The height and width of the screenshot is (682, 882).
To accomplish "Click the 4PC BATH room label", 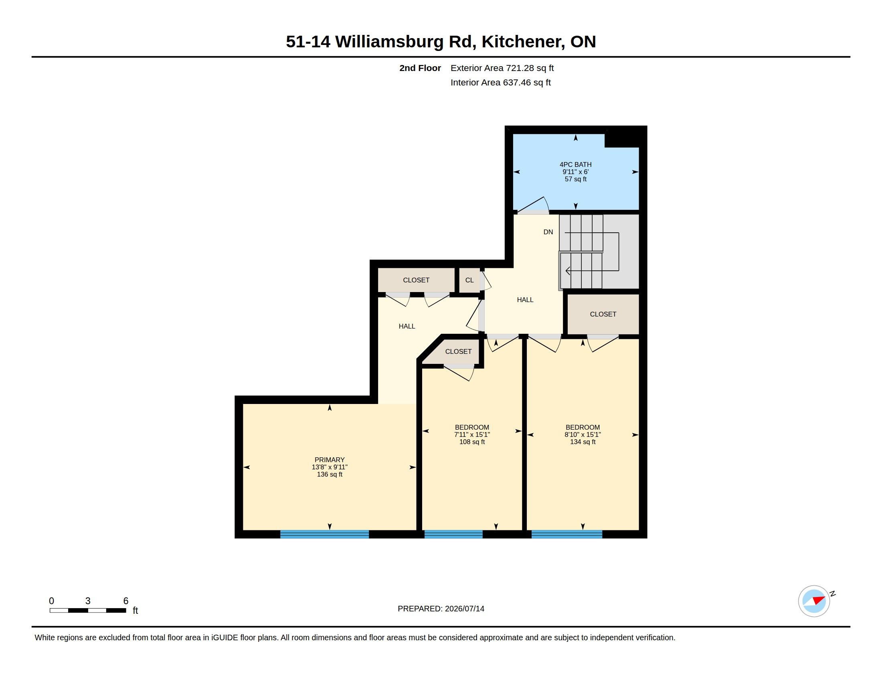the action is (575, 164).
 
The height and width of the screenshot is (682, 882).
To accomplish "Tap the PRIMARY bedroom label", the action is (330, 460).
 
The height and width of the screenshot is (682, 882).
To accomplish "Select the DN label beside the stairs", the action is (548, 232).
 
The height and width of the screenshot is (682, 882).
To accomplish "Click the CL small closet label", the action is (469, 280).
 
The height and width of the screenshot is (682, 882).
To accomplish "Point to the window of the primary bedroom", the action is (324, 534).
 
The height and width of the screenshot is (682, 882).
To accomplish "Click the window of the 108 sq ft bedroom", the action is (453, 534).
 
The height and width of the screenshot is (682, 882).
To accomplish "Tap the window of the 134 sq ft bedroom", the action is (566, 534).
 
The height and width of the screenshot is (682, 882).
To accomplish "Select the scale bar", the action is (88, 610).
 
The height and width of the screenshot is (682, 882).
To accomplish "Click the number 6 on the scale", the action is (125, 601).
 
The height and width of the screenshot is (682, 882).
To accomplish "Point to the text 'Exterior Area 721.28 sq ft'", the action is (502, 68).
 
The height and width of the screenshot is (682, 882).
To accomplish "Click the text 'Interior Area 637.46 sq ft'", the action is (500, 82).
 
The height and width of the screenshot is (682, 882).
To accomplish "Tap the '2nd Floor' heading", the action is (420, 68).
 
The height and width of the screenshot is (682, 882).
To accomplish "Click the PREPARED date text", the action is (441, 609).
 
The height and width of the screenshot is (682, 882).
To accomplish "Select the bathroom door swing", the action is (533, 205).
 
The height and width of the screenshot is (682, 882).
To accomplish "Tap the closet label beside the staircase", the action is (603, 314).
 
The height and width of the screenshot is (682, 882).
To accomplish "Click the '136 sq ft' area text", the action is (330, 474).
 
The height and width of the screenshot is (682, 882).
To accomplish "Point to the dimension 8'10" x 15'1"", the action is (583, 435).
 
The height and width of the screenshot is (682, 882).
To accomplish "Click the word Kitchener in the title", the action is (522, 42).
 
